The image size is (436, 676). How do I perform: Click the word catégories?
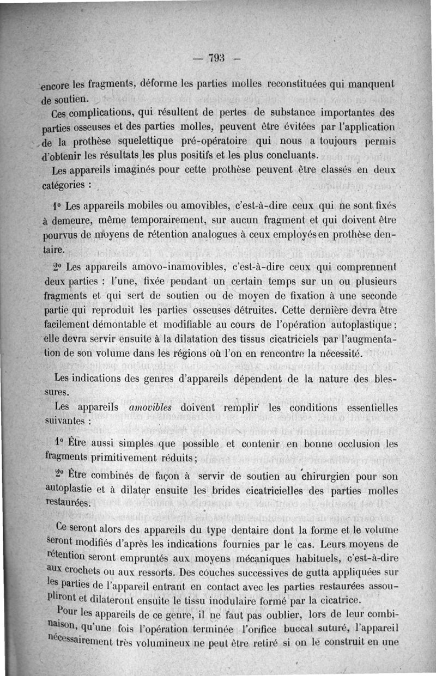click(64, 185)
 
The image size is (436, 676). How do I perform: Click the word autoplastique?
click(356, 325)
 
